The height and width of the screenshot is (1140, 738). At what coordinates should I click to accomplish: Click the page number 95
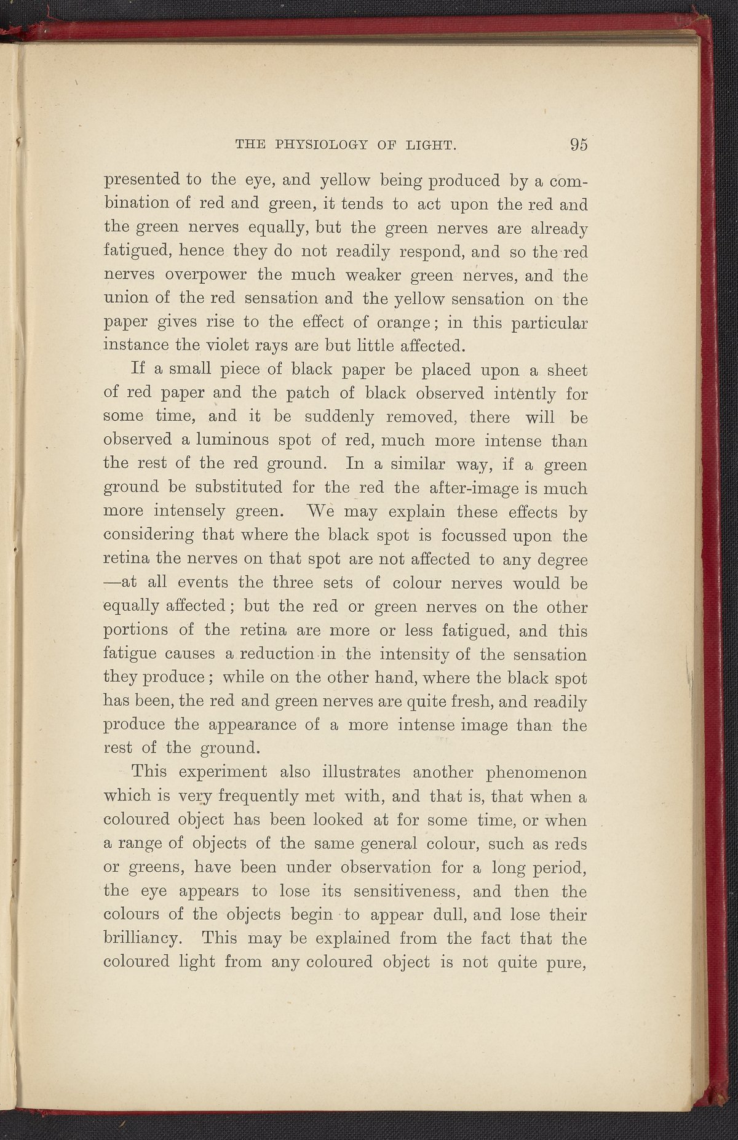tap(579, 145)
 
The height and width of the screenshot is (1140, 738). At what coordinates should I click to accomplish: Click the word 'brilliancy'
tap(141, 939)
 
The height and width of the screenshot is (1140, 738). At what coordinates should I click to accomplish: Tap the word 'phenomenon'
tap(536, 772)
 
